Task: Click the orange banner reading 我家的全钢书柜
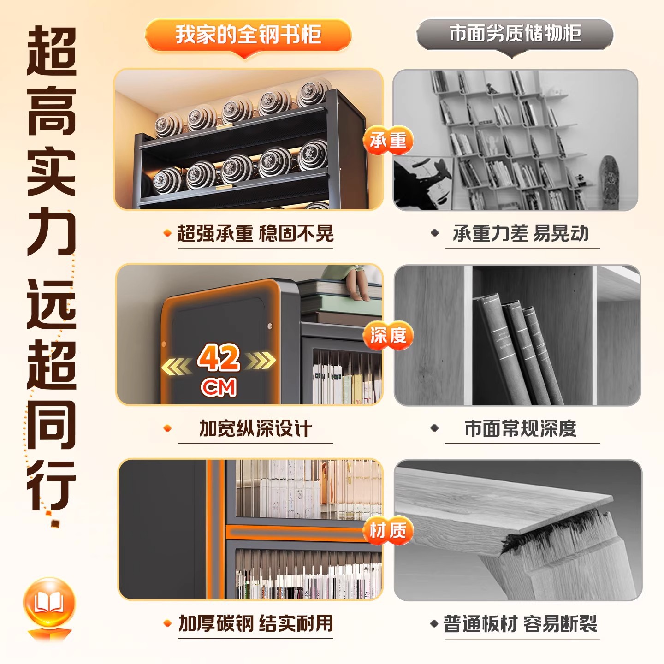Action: pos(248,35)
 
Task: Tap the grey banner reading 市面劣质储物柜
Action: pos(515,34)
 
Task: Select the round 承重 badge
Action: pos(388,140)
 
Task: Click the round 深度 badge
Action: pos(388,335)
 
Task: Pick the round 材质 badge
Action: pos(388,530)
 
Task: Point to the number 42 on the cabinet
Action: pos(219,358)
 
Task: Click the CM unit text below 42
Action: pos(219,387)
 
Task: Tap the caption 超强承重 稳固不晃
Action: pos(255,233)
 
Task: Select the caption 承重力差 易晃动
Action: pos(521,233)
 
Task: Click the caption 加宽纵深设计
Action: pos(255,428)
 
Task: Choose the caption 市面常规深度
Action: pos(521,428)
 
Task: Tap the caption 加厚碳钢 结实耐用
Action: pos(255,623)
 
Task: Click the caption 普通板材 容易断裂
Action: pos(520,624)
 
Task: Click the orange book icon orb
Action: pos(49,603)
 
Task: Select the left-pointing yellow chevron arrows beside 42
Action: pos(177,367)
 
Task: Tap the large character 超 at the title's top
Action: pos(52,52)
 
